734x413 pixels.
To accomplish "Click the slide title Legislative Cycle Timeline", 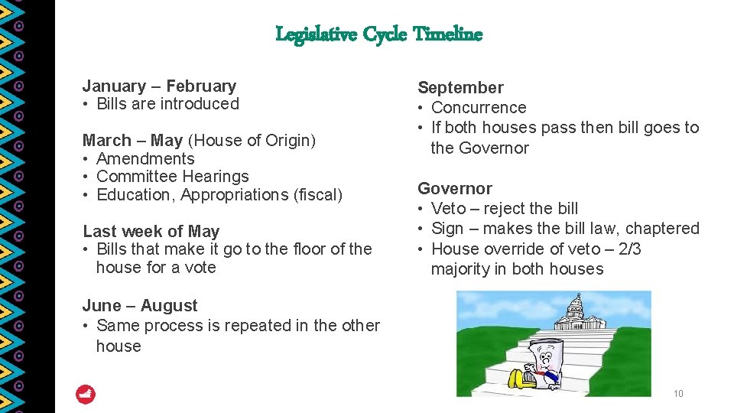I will click(378, 34).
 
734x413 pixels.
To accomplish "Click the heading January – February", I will click(159, 86).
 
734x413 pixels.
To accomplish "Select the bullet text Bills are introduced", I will click(167, 104).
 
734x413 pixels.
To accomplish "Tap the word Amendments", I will click(145, 159).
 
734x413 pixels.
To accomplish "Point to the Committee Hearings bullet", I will click(173, 177).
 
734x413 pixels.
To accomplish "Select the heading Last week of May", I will click(151, 231).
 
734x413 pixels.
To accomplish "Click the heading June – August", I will click(139, 306).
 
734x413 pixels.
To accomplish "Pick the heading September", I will click(460, 88).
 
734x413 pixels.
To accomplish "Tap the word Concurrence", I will click(479, 108).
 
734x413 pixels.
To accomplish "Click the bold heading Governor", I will click(454, 188).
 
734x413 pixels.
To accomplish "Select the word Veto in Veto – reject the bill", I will click(448, 209).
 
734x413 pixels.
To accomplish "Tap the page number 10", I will click(677, 394).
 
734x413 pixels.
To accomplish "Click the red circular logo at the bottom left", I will click(86, 395).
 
